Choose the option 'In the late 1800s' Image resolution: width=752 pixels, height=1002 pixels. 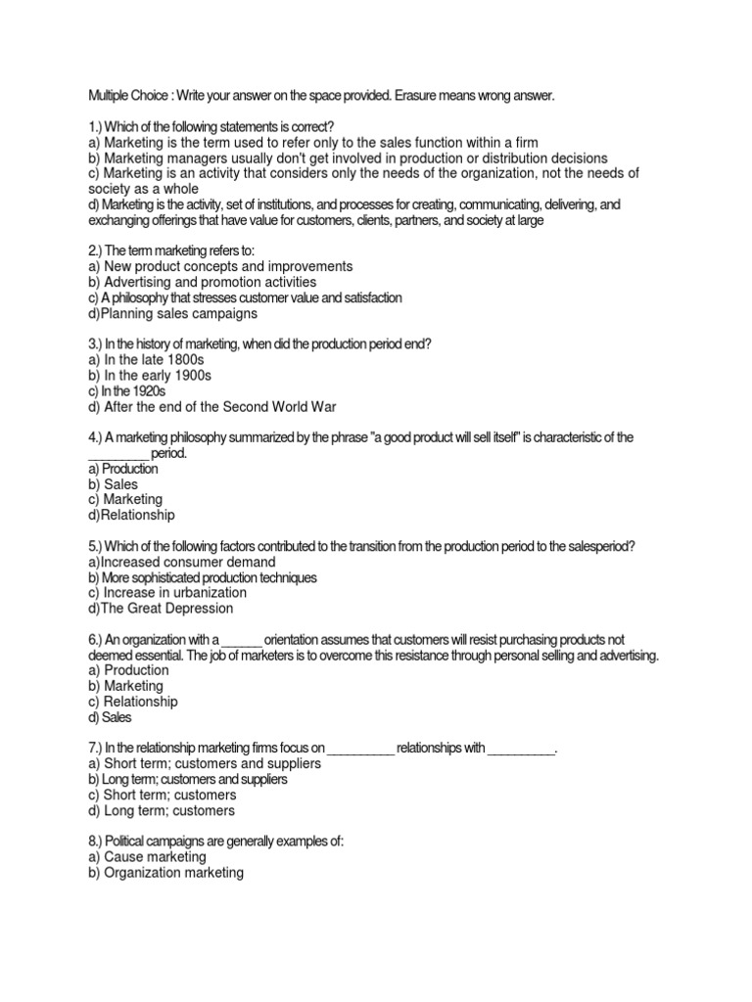coord(143,359)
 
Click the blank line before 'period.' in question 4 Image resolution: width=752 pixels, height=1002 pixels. coord(117,454)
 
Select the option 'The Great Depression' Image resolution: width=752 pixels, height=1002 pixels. coord(161,609)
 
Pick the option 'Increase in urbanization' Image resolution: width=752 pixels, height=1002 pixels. coord(166,593)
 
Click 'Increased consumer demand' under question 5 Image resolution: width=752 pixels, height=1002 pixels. coord(181,563)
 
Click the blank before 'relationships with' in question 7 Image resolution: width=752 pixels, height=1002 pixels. coord(360,750)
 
